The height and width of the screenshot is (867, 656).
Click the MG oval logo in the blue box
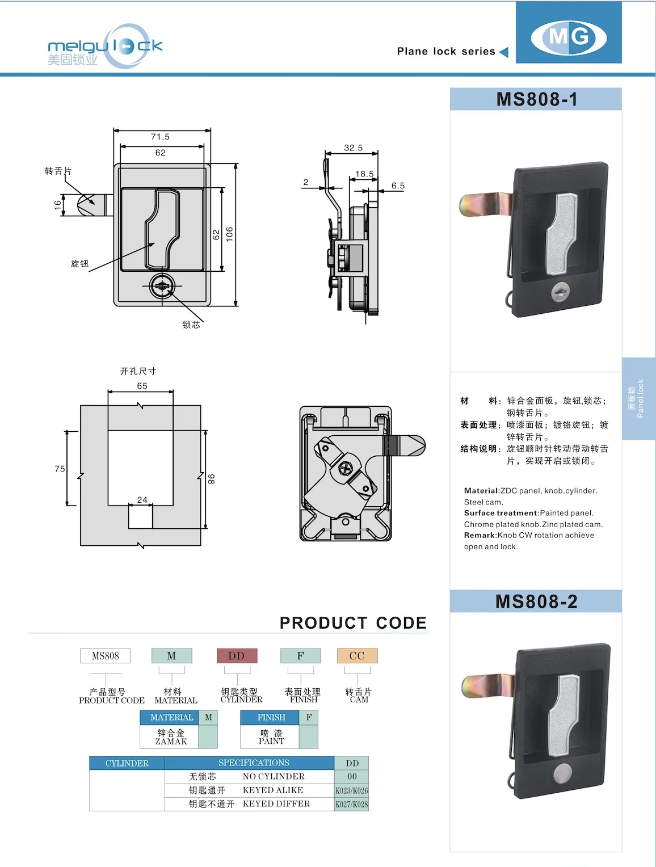tap(569, 37)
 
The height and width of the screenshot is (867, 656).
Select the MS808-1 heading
tap(536, 99)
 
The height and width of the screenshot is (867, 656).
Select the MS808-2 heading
tap(536, 601)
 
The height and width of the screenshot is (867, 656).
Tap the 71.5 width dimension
tap(160, 137)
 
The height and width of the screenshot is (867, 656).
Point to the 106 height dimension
tap(229, 234)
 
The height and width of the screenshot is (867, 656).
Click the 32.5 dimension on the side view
tap(353, 148)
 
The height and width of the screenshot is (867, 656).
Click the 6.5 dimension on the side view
tap(398, 186)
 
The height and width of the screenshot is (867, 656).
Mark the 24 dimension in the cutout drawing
tap(142, 500)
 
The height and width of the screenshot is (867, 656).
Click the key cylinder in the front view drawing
tap(162, 286)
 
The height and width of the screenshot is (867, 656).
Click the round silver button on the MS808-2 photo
tap(562, 773)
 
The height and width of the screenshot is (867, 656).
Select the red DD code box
tap(237, 656)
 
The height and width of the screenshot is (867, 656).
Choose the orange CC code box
tap(357, 656)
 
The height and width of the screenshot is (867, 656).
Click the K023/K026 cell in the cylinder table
tap(351, 790)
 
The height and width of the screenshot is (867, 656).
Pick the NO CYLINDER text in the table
tap(274, 776)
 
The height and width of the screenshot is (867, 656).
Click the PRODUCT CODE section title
tap(353, 623)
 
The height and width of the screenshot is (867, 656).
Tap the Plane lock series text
tap(446, 52)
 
